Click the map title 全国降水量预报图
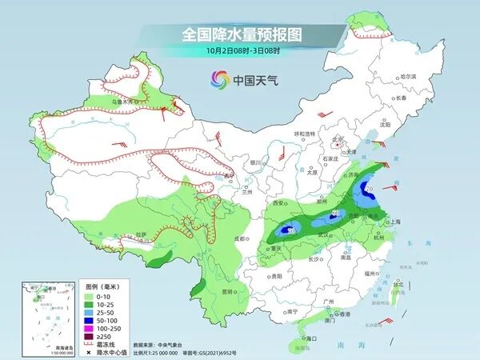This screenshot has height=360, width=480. (x=240, y=34)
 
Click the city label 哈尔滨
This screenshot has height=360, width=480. (x=409, y=75)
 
